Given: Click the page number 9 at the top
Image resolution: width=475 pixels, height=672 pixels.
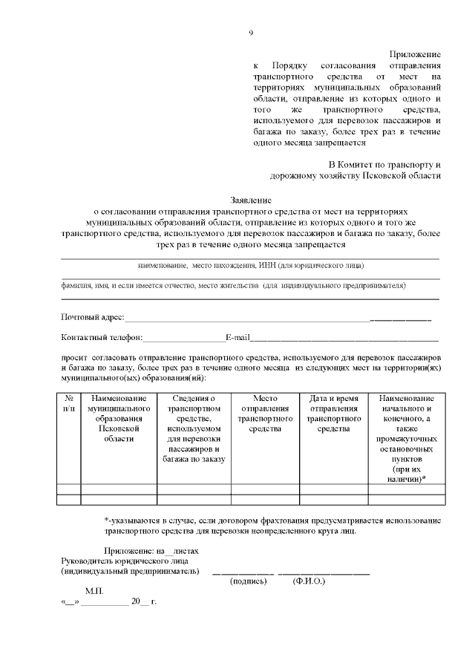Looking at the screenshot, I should [x=251, y=33].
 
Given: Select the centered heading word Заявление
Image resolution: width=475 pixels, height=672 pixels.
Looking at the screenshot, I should [x=250, y=200].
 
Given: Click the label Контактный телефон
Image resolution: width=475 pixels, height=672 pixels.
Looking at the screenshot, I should [x=101, y=338].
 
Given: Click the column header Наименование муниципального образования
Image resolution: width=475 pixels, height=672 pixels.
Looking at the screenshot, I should [x=119, y=419].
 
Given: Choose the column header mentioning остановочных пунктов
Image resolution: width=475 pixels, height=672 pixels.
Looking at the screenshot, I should [x=407, y=439].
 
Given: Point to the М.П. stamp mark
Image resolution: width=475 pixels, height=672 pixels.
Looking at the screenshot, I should [x=94, y=591].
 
